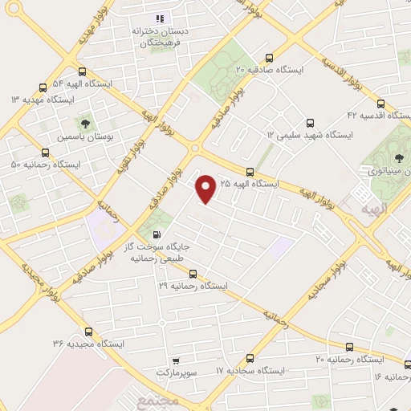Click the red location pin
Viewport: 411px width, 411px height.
[206, 188]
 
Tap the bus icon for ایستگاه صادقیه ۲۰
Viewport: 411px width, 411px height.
[268, 58]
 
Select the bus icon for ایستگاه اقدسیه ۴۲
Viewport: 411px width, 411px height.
[380, 104]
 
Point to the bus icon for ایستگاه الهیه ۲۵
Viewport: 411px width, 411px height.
[250, 171]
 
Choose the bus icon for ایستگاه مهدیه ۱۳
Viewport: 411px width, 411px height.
[43, 87]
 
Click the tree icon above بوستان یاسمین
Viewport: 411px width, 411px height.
[84, 124]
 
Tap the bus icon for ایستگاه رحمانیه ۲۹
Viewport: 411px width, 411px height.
[193, 273]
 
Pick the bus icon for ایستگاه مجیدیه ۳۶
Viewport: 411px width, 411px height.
[88, 331]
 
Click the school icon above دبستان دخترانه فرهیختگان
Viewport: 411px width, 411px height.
[160, 18]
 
